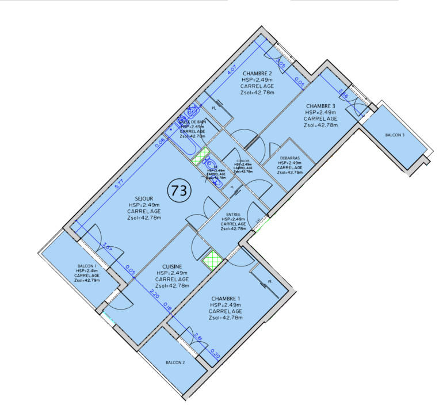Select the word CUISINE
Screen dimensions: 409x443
pos(172,266)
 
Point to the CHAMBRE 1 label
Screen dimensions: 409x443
pos(226,298)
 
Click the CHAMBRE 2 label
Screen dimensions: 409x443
pos(257,73)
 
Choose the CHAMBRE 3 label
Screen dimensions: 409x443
pos(320,106)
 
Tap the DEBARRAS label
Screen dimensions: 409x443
pos(289,156)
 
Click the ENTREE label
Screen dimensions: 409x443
pos(234,214)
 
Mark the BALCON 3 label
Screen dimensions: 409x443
pos(394,135)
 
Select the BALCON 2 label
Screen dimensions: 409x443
pos(175,362)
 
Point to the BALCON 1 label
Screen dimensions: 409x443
pos(87,266)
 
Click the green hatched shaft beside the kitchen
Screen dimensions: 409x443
pos(211,260)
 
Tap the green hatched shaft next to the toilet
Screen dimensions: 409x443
pos(200,155)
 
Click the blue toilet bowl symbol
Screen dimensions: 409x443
pos(210,164)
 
